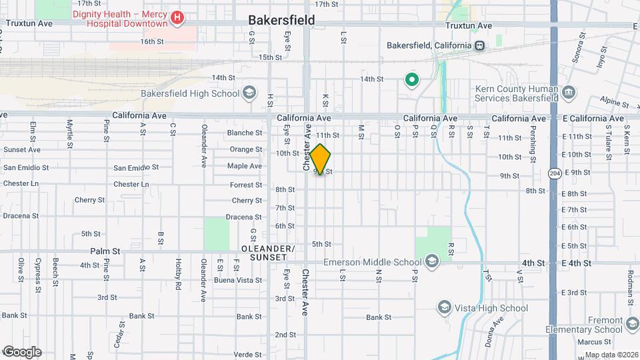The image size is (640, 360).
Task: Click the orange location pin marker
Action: [x=320, y=160]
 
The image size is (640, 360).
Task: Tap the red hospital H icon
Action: [x=177, y=19]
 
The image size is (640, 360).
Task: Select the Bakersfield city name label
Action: [x=282, y=20]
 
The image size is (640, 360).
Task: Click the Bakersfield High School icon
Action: [x=250, y=92]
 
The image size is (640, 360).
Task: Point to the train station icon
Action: [x=479, y=45]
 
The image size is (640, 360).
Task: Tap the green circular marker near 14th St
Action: [x=412, y=81]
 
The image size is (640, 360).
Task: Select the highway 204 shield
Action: [x=554, y=172]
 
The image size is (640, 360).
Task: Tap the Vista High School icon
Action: [x=444, y=307]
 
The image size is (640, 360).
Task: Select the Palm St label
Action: [x=105, y=251]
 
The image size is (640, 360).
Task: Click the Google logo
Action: [x=21, y=351]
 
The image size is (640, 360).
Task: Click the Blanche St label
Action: [x=244, y=133]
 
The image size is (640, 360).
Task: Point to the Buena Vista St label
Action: [x=238, y=280]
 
